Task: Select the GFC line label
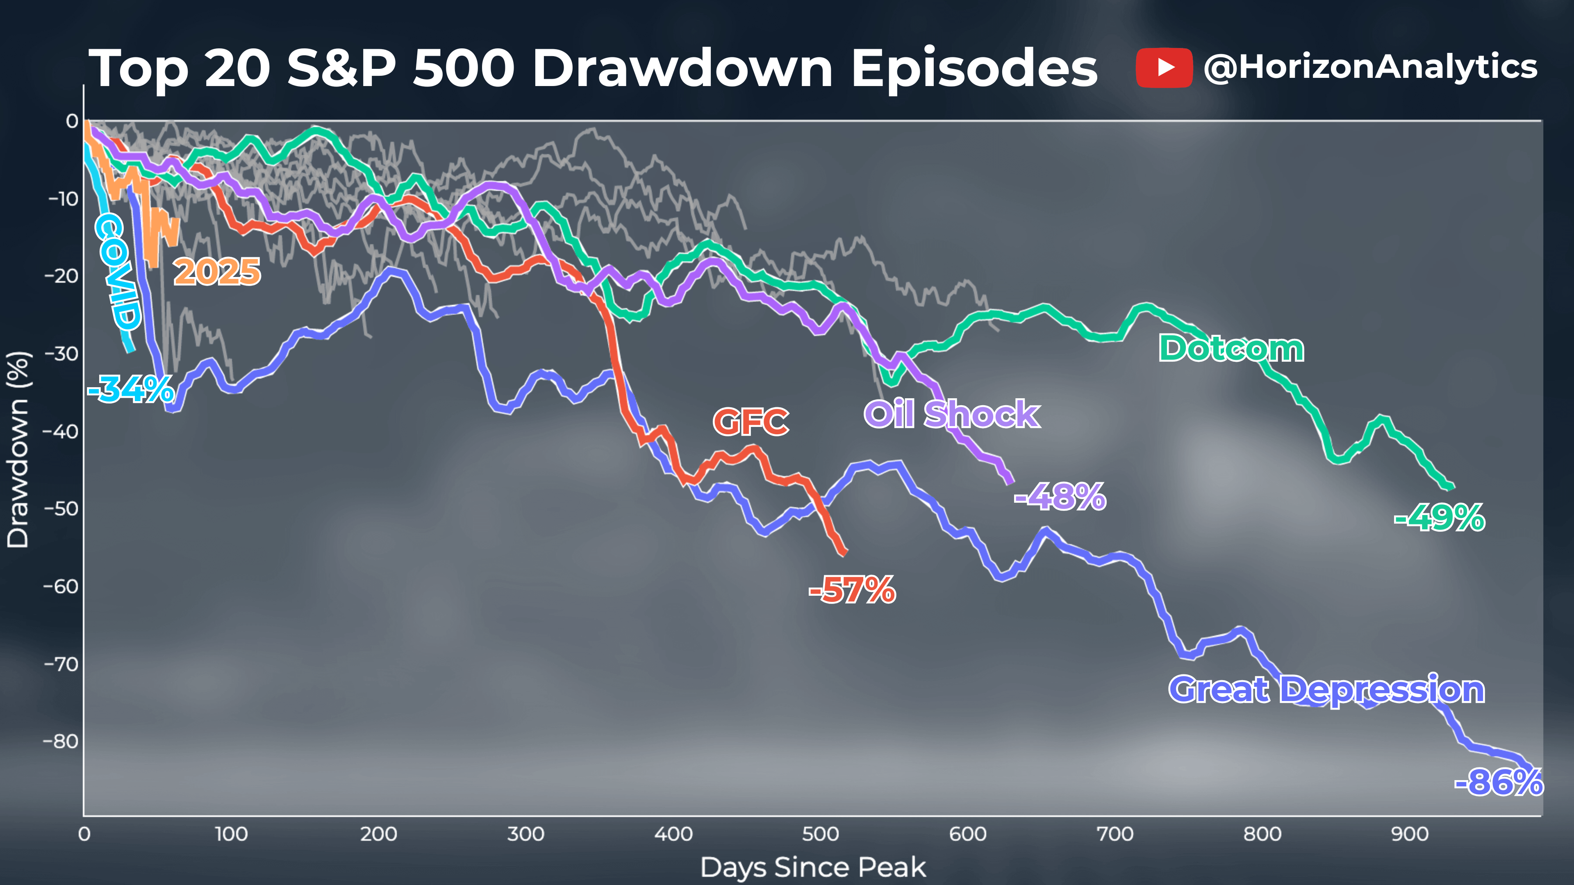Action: (751, 422)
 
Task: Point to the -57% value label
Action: (853, 590)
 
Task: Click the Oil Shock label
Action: (951, 414)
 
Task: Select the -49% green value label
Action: (1439, 518)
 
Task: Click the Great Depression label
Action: (1326, 690)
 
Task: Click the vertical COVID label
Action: (118, 272)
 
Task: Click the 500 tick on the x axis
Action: (820, 834)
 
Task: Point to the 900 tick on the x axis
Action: (1410, 834)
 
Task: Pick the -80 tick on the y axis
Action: (61, 742)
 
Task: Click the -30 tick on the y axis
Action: (61, 354)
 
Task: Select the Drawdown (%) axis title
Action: (18, 449)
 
